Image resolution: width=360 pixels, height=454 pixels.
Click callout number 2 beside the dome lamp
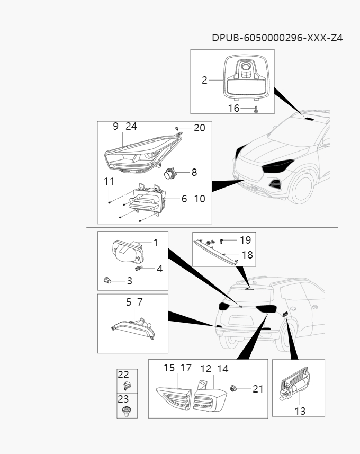pos(204,81)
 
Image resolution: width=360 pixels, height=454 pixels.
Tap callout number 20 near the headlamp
pos(199,128)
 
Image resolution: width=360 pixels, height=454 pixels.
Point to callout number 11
pos(109,181)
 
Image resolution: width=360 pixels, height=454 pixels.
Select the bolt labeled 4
pos(140,269)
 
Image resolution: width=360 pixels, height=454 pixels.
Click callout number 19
pos(245,240)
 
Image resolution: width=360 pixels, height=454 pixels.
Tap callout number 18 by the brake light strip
pos(247,255)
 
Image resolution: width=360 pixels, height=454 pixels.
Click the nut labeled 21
pos(233,389)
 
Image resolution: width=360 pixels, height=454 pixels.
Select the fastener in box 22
pos(126,385)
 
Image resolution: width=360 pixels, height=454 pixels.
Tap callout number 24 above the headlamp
pos(131,127)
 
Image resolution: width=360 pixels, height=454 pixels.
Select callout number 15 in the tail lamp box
pos(169,368)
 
